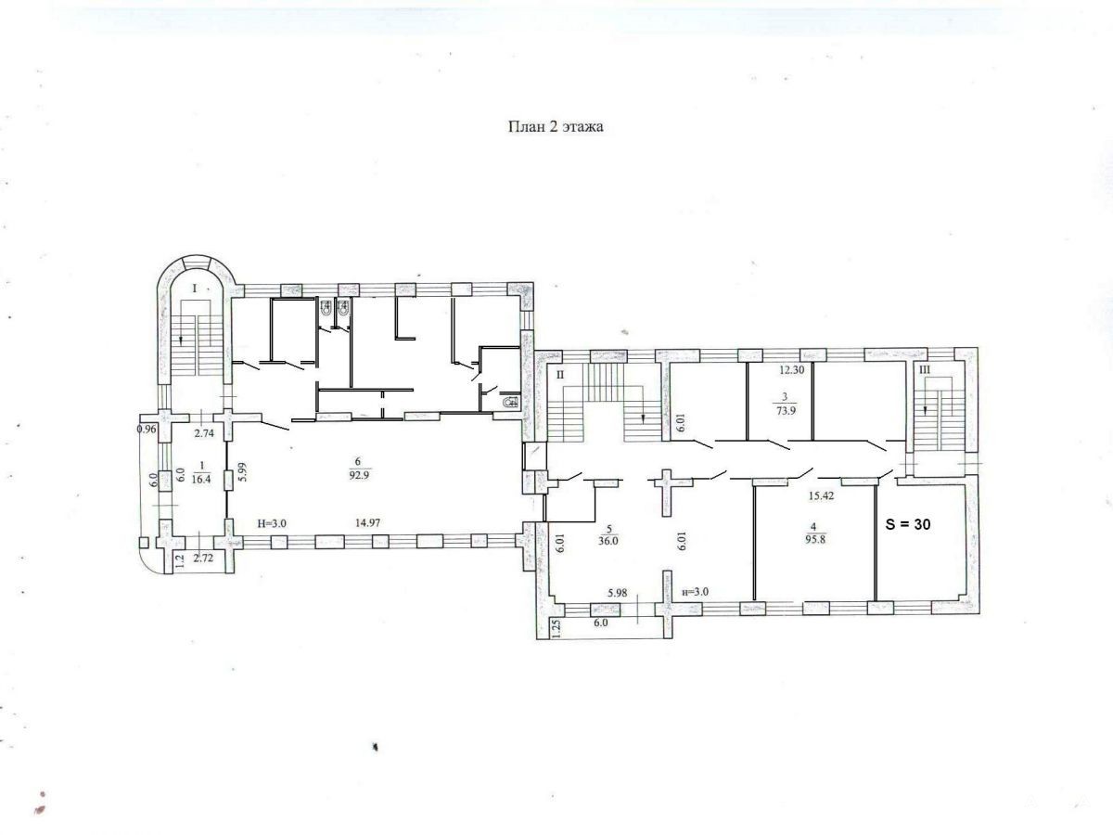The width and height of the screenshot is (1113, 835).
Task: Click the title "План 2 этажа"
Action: click(x=556, y=126)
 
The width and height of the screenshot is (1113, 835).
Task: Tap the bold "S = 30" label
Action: click(x=908, y=524)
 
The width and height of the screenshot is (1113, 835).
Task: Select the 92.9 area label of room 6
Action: click(x=359, y=476)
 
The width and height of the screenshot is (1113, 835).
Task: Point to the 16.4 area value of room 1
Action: click(x=201, y=478)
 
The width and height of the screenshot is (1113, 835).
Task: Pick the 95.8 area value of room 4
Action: click(x=815, y=539)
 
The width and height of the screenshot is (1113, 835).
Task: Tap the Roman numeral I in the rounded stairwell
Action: click(x=194, y=289)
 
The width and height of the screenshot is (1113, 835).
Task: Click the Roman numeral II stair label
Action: click(x=560, y=375)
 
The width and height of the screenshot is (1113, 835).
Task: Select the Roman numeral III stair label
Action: click(x=925, y=369)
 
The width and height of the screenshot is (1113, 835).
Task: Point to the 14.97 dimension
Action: click(x=367, y=522)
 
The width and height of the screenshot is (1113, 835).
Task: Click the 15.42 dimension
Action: click(x=821, y=495)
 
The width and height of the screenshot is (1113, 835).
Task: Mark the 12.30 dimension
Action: click(x=791, y=369)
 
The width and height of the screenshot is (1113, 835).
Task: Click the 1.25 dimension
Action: click(x=557, y=630)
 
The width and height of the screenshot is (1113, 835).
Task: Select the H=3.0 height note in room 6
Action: click(x=272, y=523)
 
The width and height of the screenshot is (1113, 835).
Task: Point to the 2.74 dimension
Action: click(x=203, y=432)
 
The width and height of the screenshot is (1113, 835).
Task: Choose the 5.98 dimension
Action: click(x=617, y=593)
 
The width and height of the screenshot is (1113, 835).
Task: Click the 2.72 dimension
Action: click(x=203, y=559)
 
